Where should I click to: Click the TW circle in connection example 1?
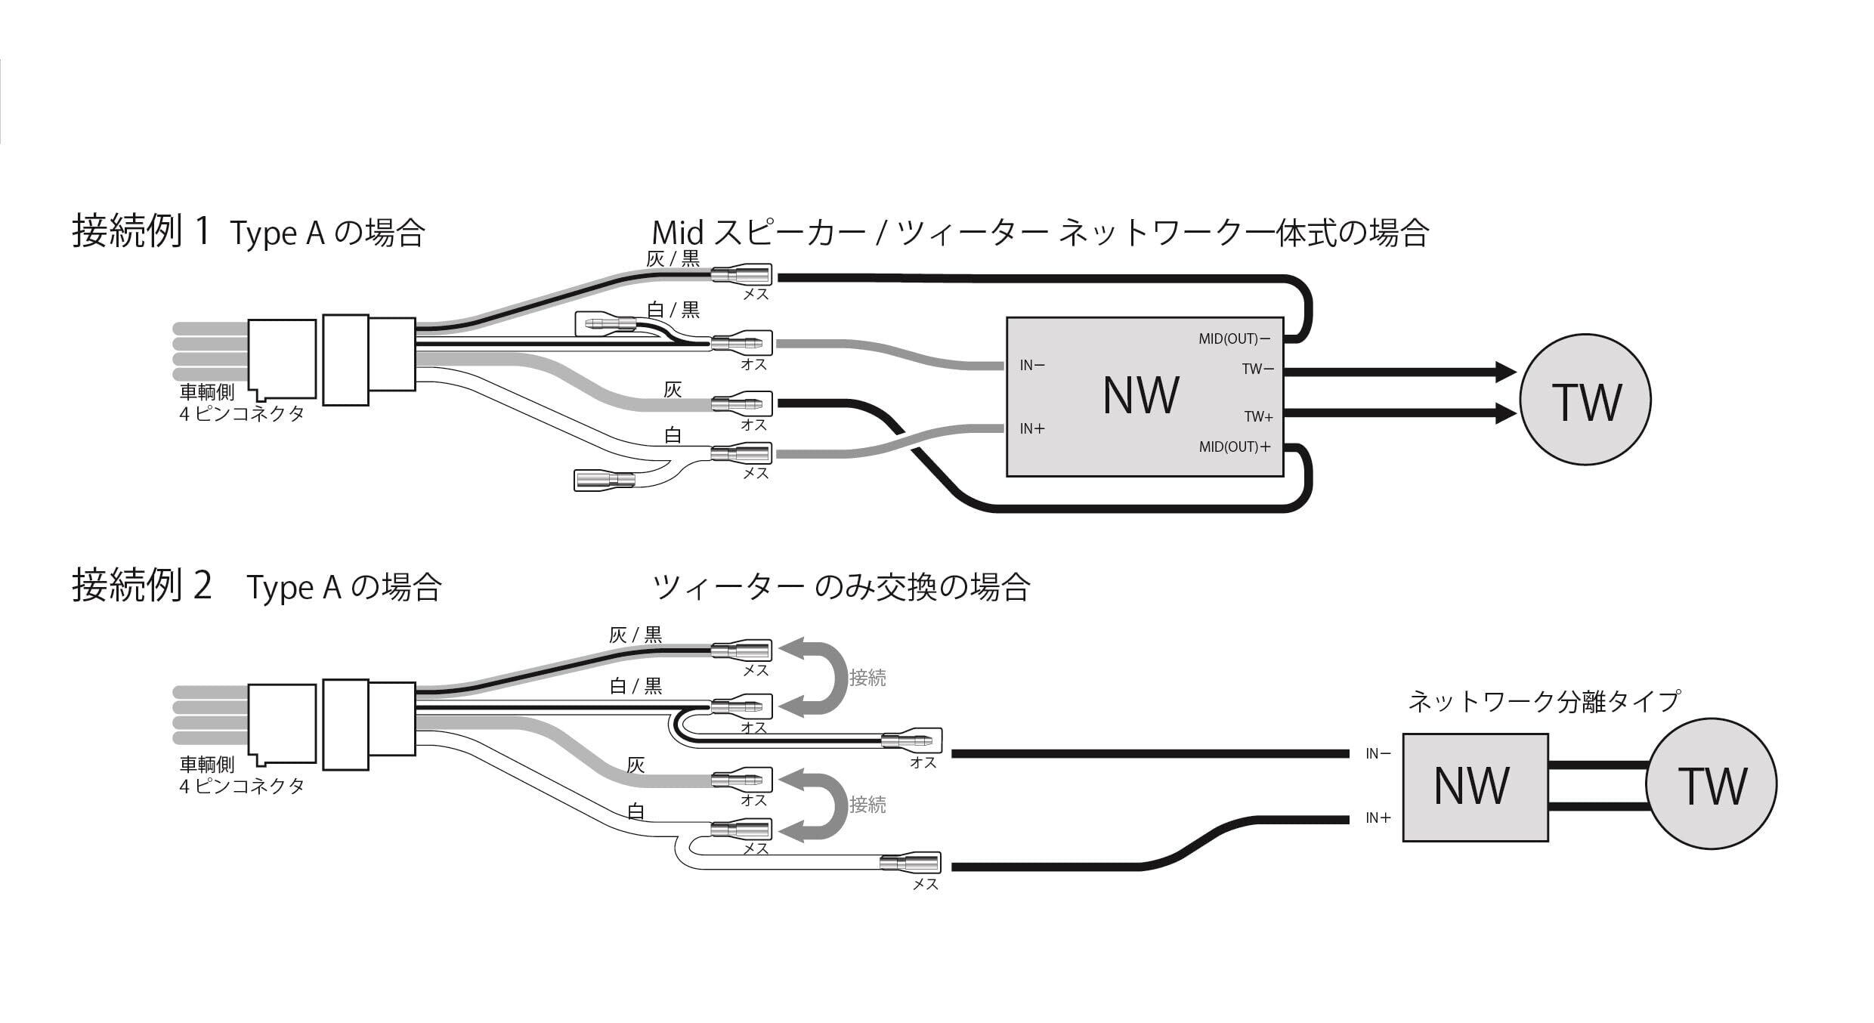[x=1585, y=400]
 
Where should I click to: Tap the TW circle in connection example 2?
[x=1711, y=783]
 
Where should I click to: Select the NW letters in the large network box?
[x=1140, y=395]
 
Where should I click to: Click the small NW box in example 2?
[x=1474, y=787]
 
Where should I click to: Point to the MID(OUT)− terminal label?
[x=1234, y=339]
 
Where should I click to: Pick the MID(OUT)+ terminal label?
[x=1235, y=447]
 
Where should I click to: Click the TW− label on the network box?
[x=1257, y=369]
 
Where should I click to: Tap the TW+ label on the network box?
[x=1258, y=416]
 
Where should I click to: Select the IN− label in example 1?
[x=1032, y=366]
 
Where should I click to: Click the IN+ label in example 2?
[x=1378, y=818]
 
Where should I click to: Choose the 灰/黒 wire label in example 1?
[x=673, y=259]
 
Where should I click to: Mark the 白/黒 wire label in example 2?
[x=635, y=686]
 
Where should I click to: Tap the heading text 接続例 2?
[x=141, y=586]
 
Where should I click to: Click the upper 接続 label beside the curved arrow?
[x=867, y=678]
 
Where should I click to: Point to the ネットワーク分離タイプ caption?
[x=1544, y=701]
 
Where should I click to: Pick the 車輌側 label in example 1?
[x=207, y=392]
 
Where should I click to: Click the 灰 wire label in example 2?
[x=635, y=765]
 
